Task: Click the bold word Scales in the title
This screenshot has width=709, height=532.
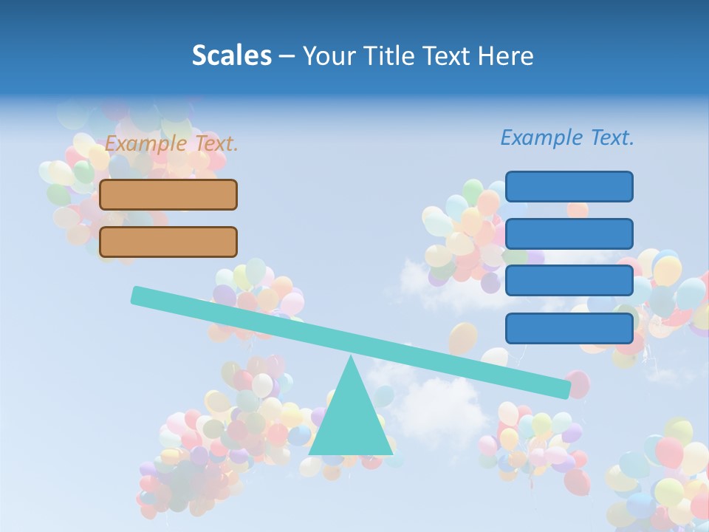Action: click(231, 55)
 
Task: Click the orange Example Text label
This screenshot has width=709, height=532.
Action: click(171, 143)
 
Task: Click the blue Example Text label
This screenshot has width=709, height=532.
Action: click(567, 137)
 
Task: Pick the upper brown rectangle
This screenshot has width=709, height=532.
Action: click(168, 194)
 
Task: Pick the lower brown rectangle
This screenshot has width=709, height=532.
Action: click(168, 242)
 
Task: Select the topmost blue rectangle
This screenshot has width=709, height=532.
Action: click(569, 186)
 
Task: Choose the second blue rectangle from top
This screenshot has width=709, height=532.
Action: click(569, 233)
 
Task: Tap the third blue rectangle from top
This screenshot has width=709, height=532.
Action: click(569, 281)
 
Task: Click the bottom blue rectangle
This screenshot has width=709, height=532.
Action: click(569, 328)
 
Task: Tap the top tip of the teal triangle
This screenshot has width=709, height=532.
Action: click(351, 358)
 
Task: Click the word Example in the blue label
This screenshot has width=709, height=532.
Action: click(542, 137)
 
